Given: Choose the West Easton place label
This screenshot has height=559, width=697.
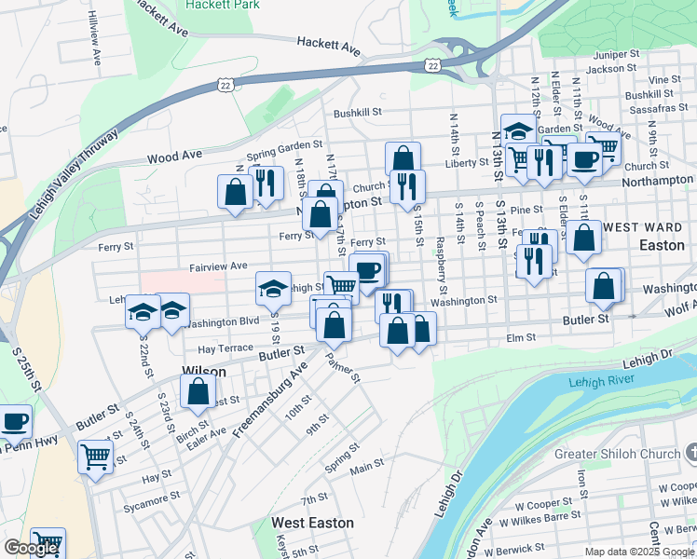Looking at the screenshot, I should pos(312,523).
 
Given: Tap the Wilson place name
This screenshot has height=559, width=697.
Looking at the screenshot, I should pos(204,371).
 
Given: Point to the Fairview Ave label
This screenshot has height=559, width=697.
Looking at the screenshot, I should pos(218,266).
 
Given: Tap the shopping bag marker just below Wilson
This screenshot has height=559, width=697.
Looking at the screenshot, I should pos(198,391).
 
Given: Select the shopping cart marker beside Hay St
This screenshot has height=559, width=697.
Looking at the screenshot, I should pos(95,457).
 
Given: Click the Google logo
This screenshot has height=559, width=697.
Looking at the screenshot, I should pos(31,549).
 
